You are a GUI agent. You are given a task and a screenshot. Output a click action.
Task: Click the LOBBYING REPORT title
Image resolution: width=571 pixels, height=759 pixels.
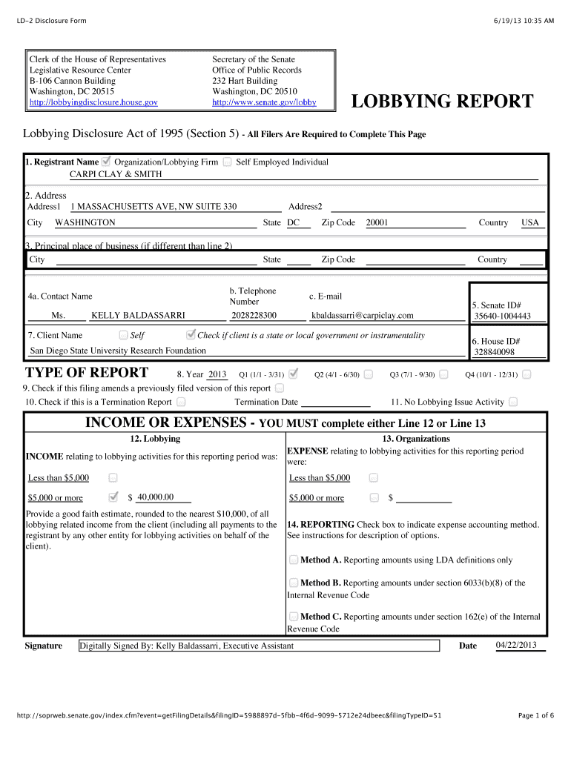coord(441,102)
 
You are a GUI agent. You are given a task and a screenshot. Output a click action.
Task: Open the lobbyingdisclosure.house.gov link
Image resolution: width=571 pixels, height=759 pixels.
coord(93,102)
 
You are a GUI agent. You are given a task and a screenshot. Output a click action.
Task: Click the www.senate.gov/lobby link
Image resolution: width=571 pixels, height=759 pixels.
coord(264,102)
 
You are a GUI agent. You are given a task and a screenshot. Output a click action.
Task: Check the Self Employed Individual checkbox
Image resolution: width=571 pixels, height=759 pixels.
coord(227,162)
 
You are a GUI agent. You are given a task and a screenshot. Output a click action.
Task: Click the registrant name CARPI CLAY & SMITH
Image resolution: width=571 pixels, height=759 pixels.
coord(116,174)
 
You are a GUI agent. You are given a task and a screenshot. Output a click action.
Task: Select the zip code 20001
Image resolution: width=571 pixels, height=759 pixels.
coord(377,222)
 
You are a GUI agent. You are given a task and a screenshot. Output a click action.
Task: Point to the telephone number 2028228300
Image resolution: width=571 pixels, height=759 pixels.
coord(254,315)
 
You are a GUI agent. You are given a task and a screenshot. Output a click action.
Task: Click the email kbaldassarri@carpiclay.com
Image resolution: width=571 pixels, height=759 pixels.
coord(363,315)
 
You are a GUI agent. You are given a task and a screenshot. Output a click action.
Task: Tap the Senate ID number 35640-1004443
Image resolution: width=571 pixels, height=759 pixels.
coord(503,316)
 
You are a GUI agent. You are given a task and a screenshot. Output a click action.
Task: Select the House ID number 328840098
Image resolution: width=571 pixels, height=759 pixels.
coord(495,352)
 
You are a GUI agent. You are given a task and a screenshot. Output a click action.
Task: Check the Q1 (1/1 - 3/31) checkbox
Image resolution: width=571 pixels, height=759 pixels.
coord(293,374)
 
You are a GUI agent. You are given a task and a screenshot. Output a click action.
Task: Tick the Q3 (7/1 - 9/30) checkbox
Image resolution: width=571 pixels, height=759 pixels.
coord(443,374)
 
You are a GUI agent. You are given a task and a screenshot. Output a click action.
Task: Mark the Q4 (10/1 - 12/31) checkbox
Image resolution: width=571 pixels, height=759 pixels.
coord(527,374)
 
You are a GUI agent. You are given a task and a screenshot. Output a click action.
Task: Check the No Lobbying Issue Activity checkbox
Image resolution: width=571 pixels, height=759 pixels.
coord(513,402)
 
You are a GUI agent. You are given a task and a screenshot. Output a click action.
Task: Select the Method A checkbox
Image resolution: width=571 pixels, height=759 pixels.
coord(294,560)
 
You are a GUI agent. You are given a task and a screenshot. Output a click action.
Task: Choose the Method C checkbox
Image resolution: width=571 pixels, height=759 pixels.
coord(294,616)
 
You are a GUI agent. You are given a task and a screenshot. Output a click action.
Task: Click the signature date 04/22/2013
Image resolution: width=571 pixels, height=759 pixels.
coord(515,645)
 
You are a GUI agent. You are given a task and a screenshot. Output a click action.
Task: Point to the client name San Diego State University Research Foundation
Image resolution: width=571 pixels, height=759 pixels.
coord(118,351)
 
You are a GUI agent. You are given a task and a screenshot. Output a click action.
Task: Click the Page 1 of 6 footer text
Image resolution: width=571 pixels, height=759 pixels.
coord(535,715)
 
